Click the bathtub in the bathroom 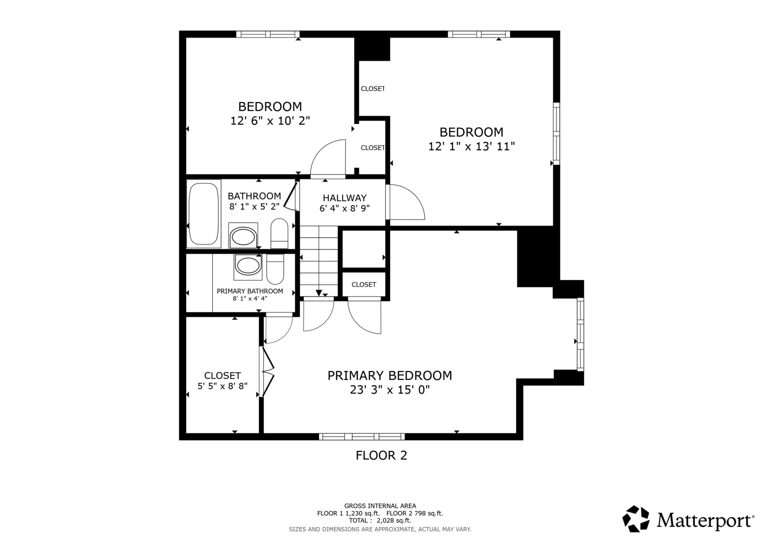(x=204, y=214)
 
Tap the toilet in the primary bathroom (x=275, y=269)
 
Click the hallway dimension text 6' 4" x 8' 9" (x=344, y=208)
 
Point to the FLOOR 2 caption (x=381, y=455)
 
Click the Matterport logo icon (x=636, y=519)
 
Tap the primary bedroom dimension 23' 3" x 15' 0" (x=390, y=389)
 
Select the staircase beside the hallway (x=319, y=261)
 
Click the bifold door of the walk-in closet (x=267, y=372)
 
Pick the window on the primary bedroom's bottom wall (x=362, y=436)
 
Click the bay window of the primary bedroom (x=581, y=334)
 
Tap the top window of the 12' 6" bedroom (x=268, y=34)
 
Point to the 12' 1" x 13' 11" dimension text (x=471, y=146)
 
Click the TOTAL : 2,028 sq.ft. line (x=380, y=520)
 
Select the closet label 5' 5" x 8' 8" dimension (x=222, y=386)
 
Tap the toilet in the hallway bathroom (x=279, y=233)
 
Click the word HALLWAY (x=345, y=198)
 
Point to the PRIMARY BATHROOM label (x=250, y=291)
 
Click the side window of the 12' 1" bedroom (x=556, y=133)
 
